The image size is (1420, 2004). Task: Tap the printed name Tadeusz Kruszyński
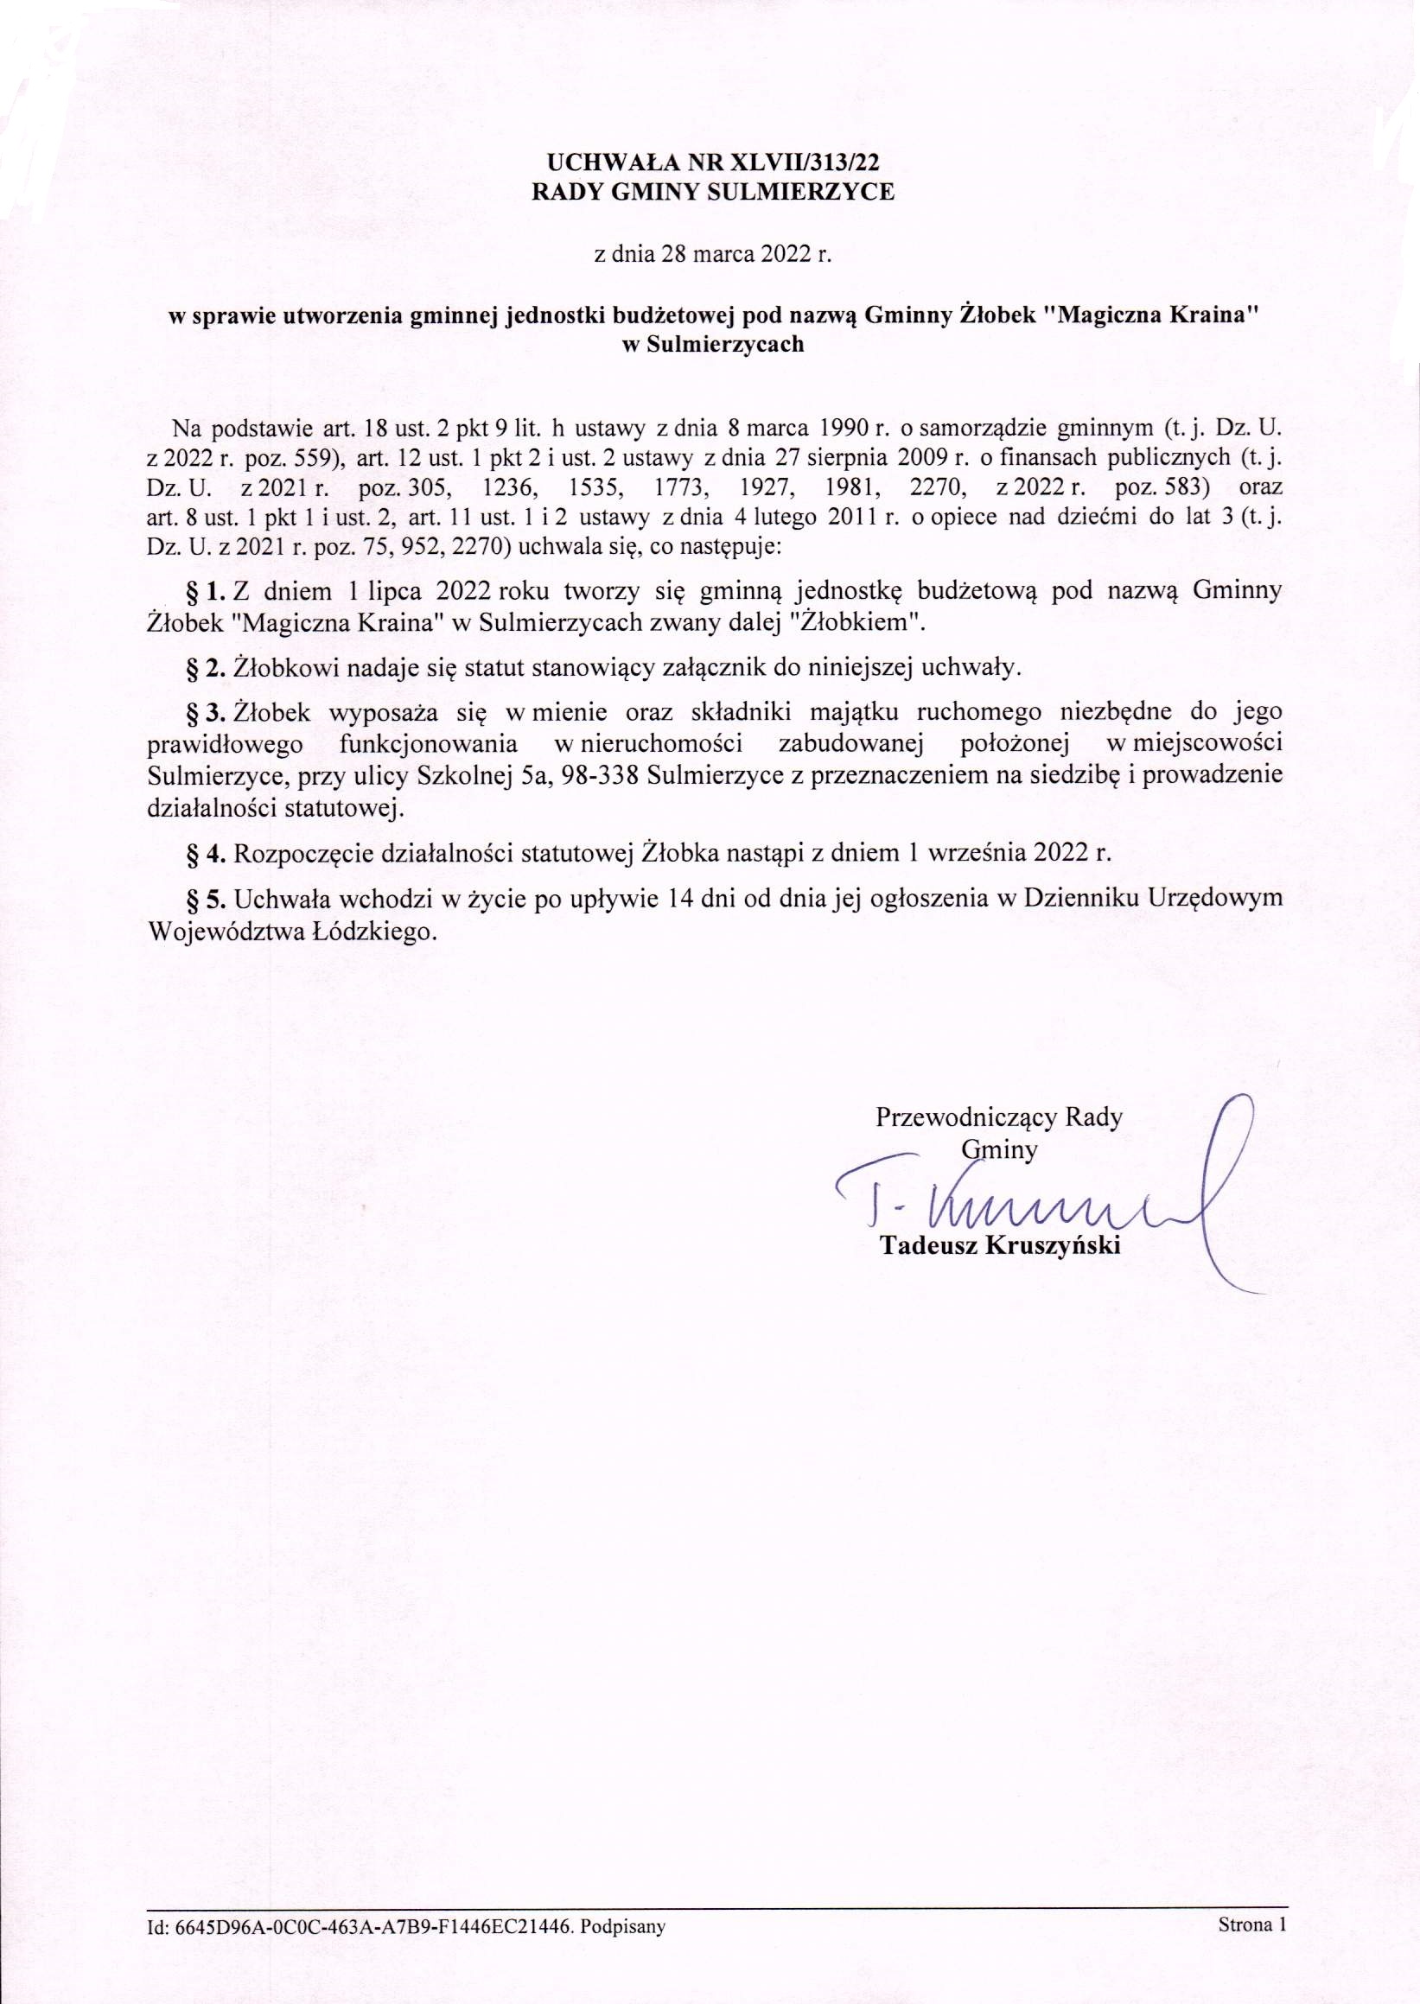[999, 1247]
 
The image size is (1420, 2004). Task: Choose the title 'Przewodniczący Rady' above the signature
[998, 1117]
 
